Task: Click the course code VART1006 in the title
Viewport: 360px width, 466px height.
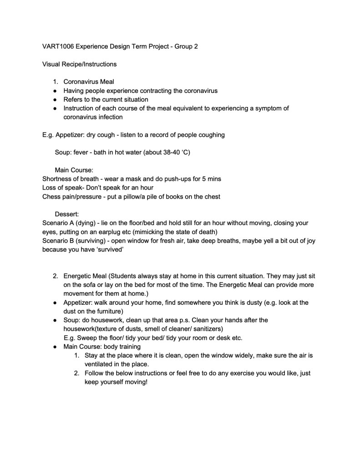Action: coord(56,46)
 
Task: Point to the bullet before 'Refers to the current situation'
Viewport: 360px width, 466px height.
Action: coord(55,99)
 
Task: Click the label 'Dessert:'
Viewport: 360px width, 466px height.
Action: coord(67,215)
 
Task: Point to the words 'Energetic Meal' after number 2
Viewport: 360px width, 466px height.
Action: coord(86,277)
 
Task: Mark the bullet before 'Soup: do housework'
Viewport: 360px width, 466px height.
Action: coord(55,321)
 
